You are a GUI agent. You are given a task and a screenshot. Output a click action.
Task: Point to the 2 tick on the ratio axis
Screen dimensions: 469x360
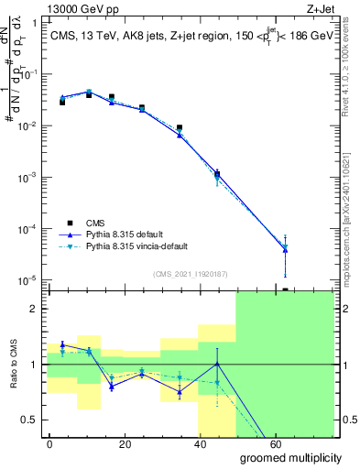point(34,309)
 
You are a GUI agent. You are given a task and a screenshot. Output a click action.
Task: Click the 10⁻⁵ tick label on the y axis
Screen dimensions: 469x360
point(27,279)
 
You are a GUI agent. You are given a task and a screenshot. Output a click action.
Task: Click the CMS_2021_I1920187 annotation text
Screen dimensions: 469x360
point(189,272)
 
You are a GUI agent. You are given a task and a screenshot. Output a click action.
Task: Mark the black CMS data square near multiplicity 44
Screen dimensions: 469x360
point(217,172)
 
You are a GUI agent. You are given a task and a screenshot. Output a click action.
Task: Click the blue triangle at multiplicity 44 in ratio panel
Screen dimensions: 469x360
point(217,364)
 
